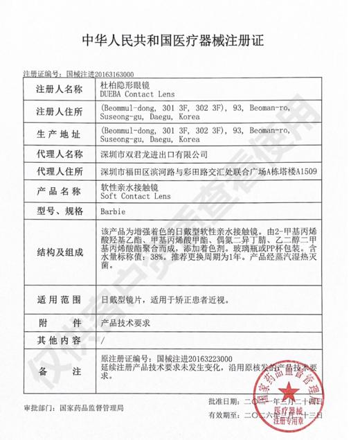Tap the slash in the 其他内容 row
(x=103, y=340)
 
